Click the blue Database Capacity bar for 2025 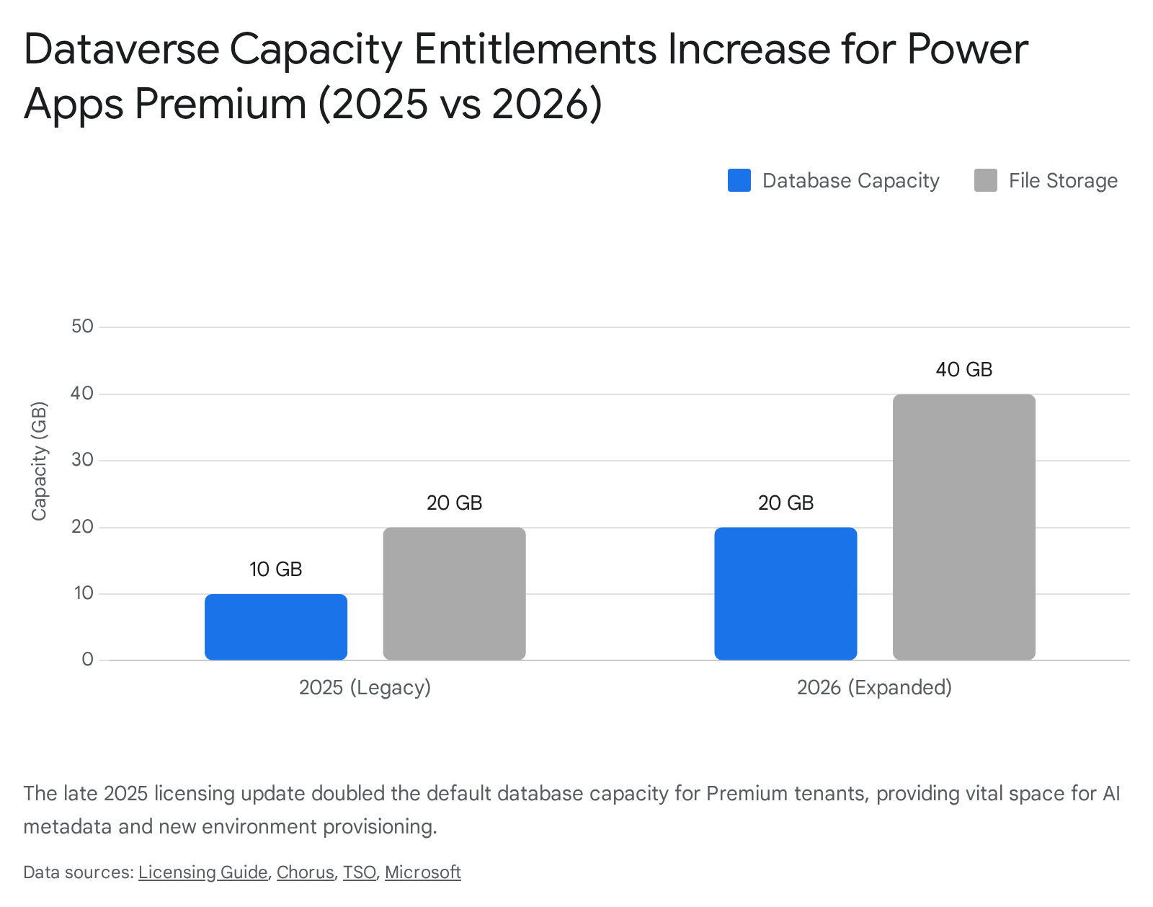pos(276,627)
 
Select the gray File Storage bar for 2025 pos(454,593)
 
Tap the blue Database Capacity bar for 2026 pos(785,593)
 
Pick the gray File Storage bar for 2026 pos(963,527)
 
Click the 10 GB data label pos(276,570)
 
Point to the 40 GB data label pos(963,370)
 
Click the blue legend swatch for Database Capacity pos(739,180)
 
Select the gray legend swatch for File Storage pos(985,180)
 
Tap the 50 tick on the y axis pos(83,327)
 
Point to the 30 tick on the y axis pos(83,460)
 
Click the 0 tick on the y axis pos(88,660)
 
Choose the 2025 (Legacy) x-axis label pos(365,687)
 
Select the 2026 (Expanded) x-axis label pos(874,687)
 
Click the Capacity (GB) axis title pos(39,461)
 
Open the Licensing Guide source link pos(202,872)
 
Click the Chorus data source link pos(305,872)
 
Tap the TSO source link pos(359,872)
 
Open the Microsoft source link pos(422,872)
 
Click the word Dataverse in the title pos(121,49)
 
